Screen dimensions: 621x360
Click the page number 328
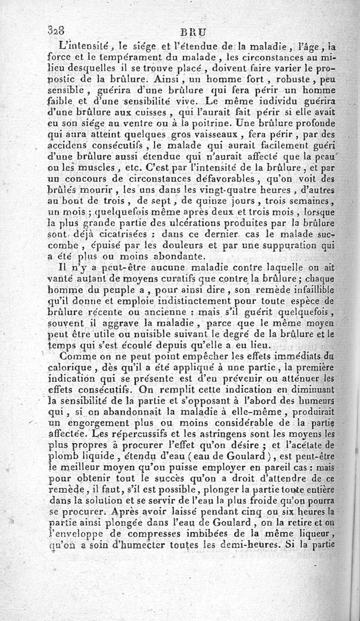[x=56, y=31]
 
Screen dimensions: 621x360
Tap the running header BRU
[x=191, y=32]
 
